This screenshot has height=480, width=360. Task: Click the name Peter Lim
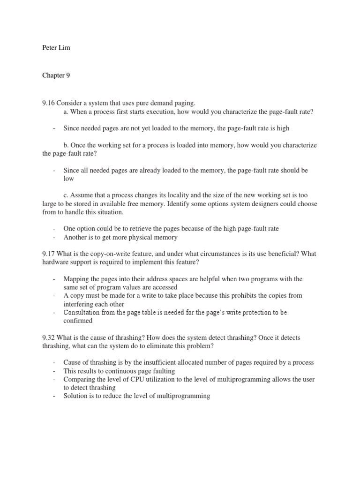(x=56, y=48)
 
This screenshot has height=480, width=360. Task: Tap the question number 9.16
(x=49, y=103)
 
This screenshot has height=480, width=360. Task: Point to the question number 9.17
(x=49, y=254)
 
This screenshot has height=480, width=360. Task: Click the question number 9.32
(x=49, y=338)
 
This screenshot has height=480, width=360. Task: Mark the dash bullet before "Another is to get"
(x=54, y=238)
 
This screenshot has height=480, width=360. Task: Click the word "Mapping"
(x=76, y=279)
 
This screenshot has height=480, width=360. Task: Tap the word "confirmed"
(x=78, y=321)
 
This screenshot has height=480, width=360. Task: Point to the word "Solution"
(x=76, y=396)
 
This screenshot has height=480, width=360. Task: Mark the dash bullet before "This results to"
(x=54, y=371)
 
